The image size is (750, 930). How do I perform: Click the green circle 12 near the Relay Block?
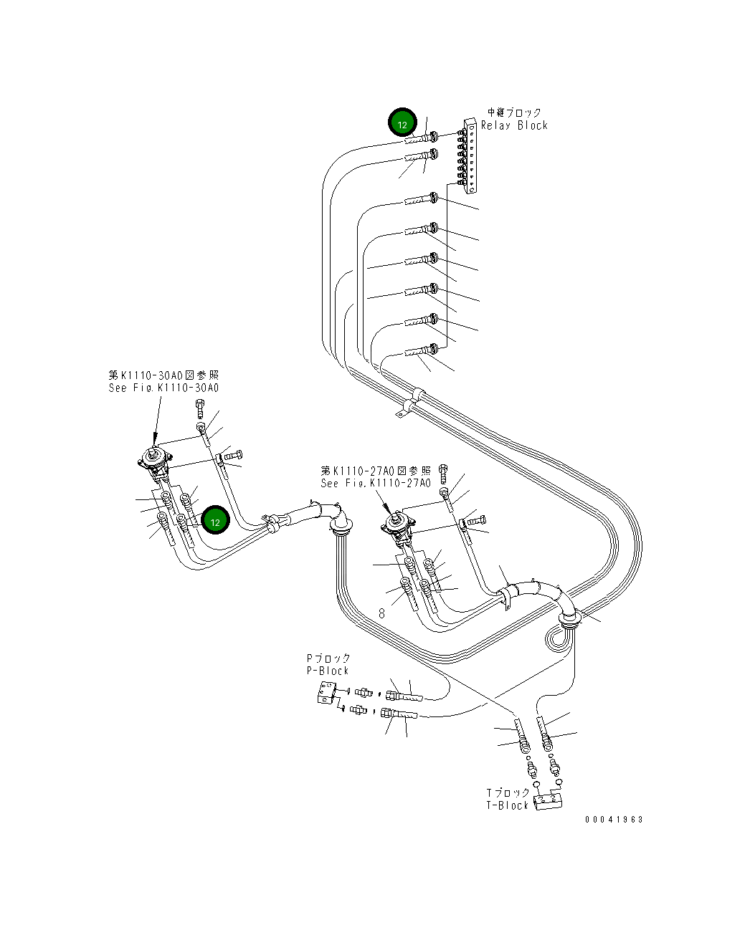click(x=402, y=123)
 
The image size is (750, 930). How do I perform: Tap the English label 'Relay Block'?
click(x=514, y=125)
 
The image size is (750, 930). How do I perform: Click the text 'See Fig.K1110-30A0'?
click(x=163, y=388)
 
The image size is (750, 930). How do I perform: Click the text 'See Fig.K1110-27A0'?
click(x=376, y=484)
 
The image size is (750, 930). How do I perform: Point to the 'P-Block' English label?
click(x=327, y=671)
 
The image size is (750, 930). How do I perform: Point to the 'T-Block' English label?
click(x=507, y=805)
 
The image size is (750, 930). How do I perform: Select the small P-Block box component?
click(x=326, y=693)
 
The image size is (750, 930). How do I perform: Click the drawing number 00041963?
click(x=614, y=820)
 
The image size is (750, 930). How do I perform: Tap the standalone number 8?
click(x=382, y=613)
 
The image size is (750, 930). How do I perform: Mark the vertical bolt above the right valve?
click(x=443, y=472)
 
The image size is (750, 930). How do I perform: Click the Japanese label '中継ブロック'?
click(x=514, y=112)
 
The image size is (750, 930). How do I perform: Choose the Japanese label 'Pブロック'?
click(x=328, y=658)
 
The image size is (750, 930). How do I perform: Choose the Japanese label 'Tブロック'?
click(x=508, y=792)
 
